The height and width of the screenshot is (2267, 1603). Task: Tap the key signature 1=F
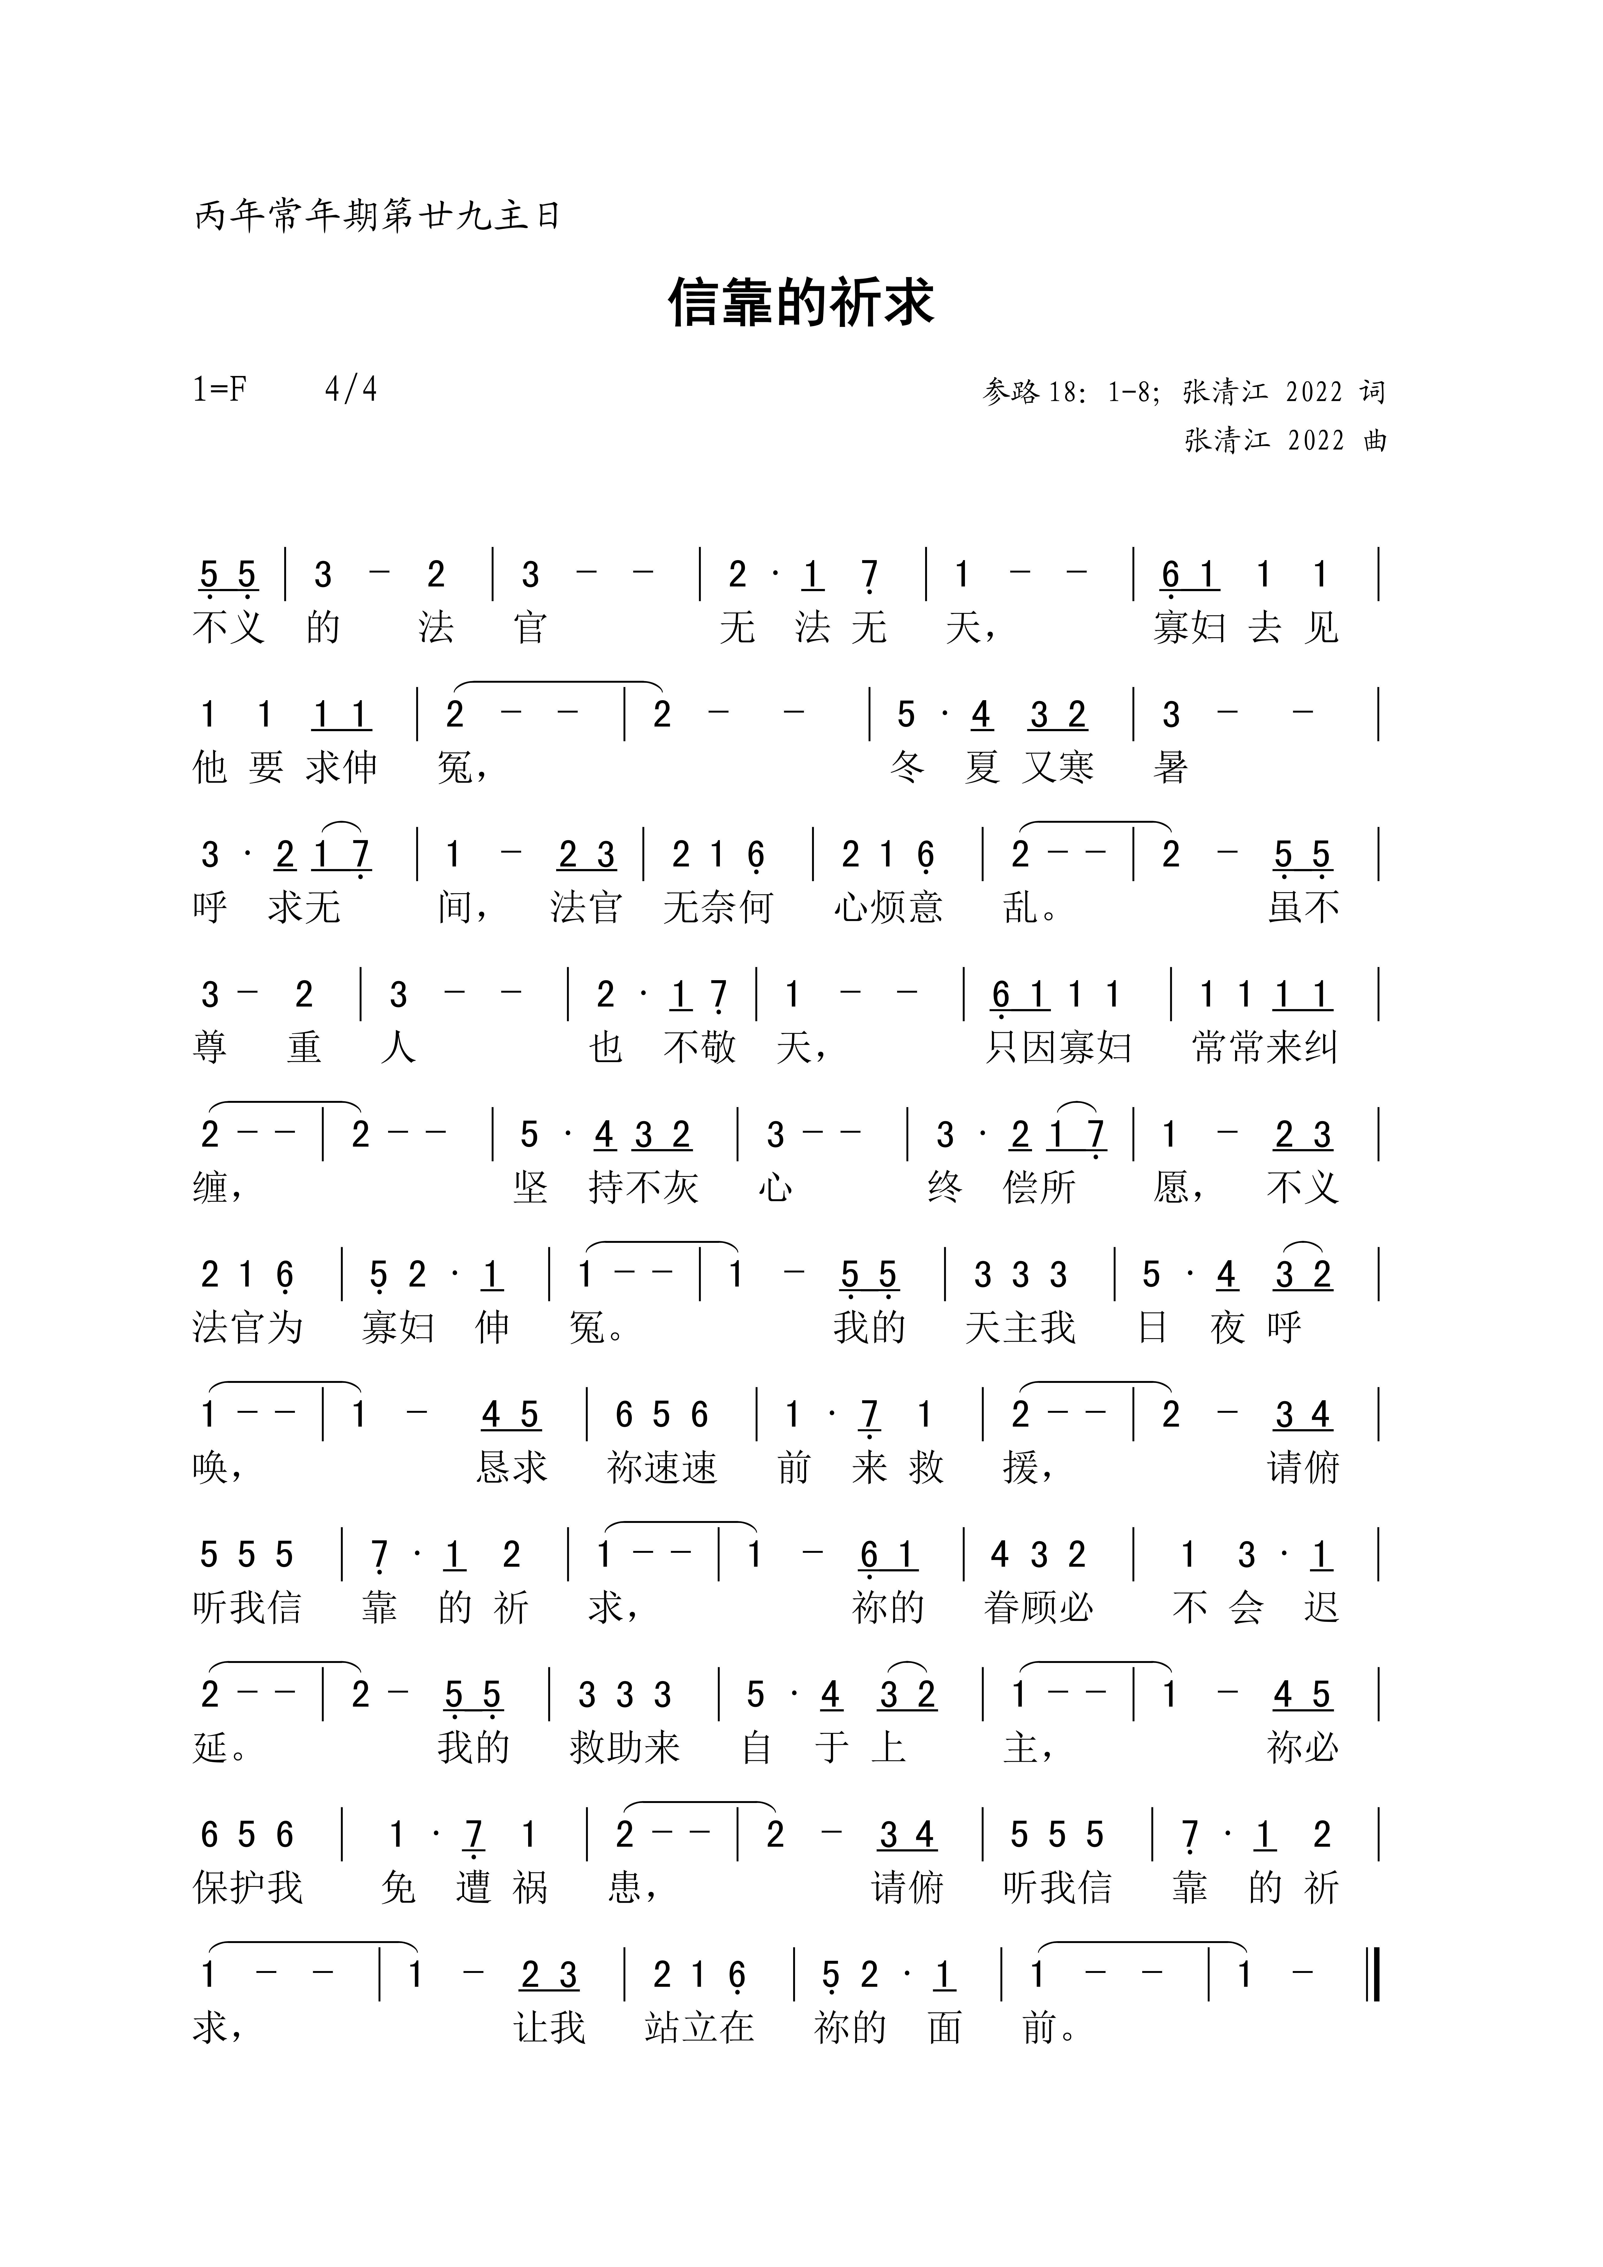(219, 390)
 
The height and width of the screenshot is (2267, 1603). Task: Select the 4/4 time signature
(351, 390)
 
